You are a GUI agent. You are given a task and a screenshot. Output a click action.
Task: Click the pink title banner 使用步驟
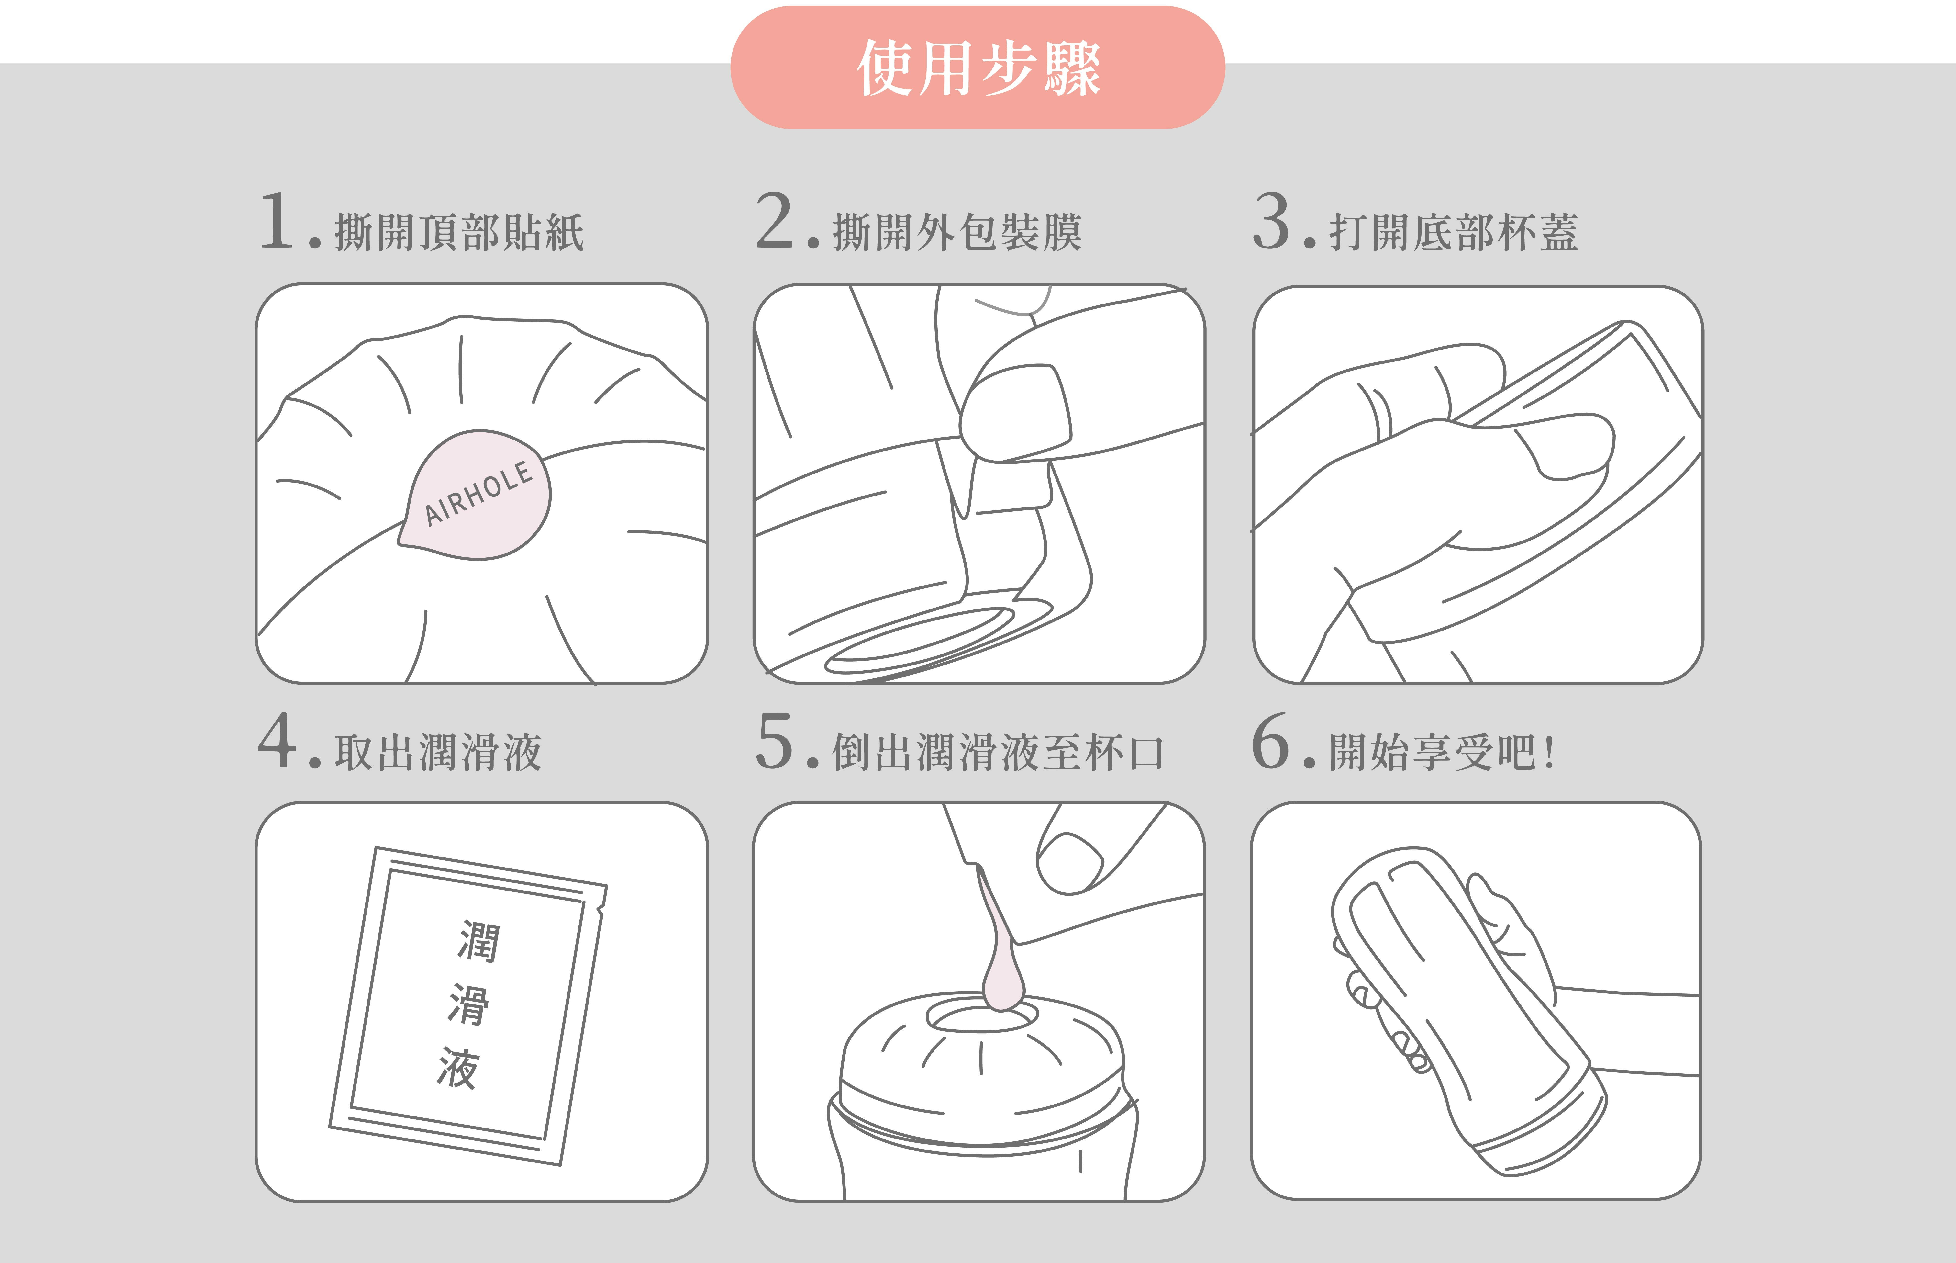click(x=977, y=67)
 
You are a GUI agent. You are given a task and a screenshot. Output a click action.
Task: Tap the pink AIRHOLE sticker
click(x=476, y=495)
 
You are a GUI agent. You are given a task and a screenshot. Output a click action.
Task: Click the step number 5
click(x=775, y=741)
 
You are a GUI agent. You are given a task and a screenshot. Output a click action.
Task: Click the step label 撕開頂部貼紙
click(x=459, y=232)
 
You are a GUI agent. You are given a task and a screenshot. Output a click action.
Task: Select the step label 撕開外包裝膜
click(x=957, y=232)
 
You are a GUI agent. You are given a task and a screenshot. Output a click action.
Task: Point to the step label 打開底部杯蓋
click(x=1454, y=232)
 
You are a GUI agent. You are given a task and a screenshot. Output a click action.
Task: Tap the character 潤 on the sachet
click(x=478, y=941)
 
